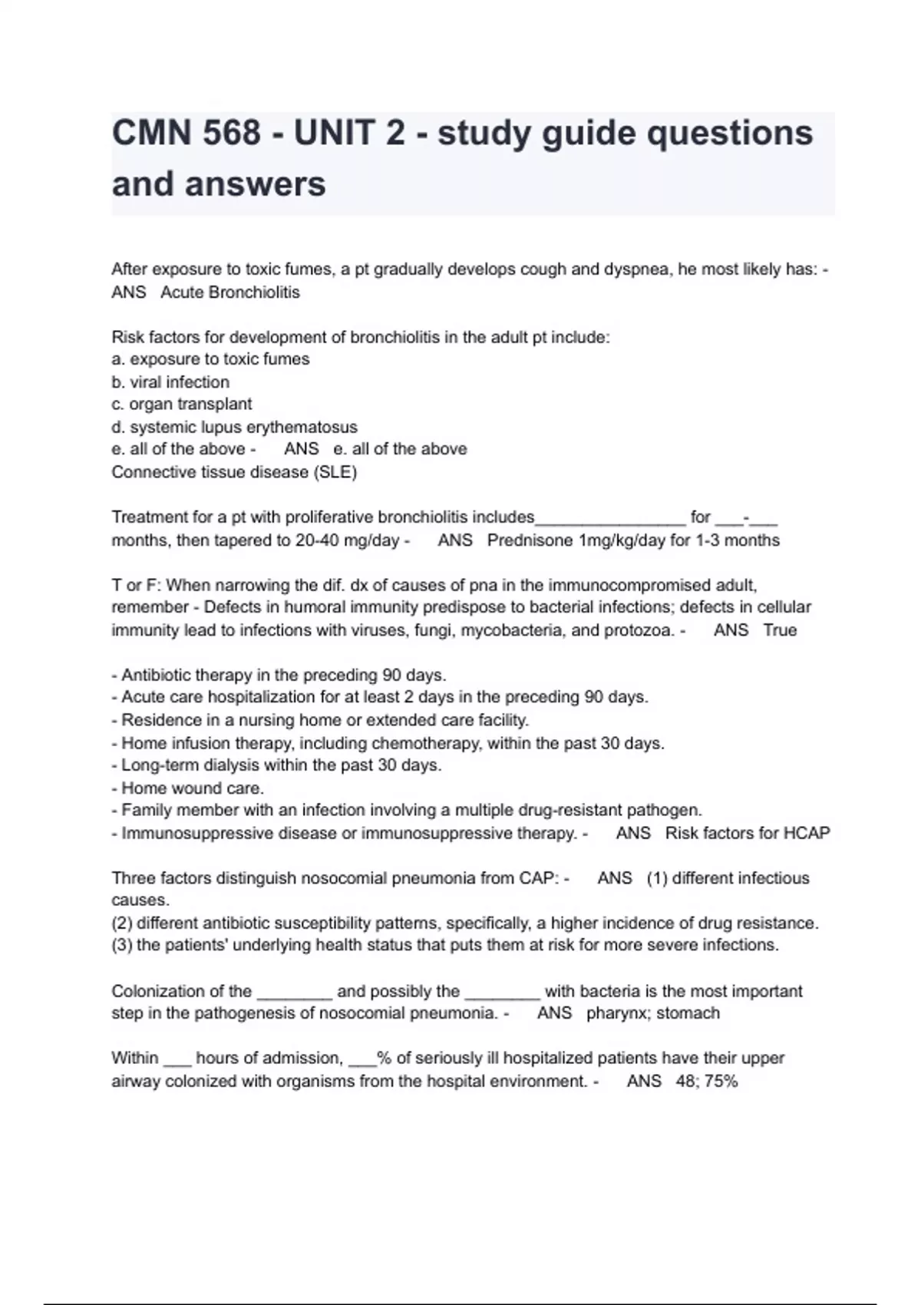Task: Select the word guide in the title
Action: click(589, 133)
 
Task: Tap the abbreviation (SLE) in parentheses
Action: click(335, 472)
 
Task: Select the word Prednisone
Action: click(530, 540)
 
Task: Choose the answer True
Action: click(780, 630)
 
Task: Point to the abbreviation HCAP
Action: click(807, 834)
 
